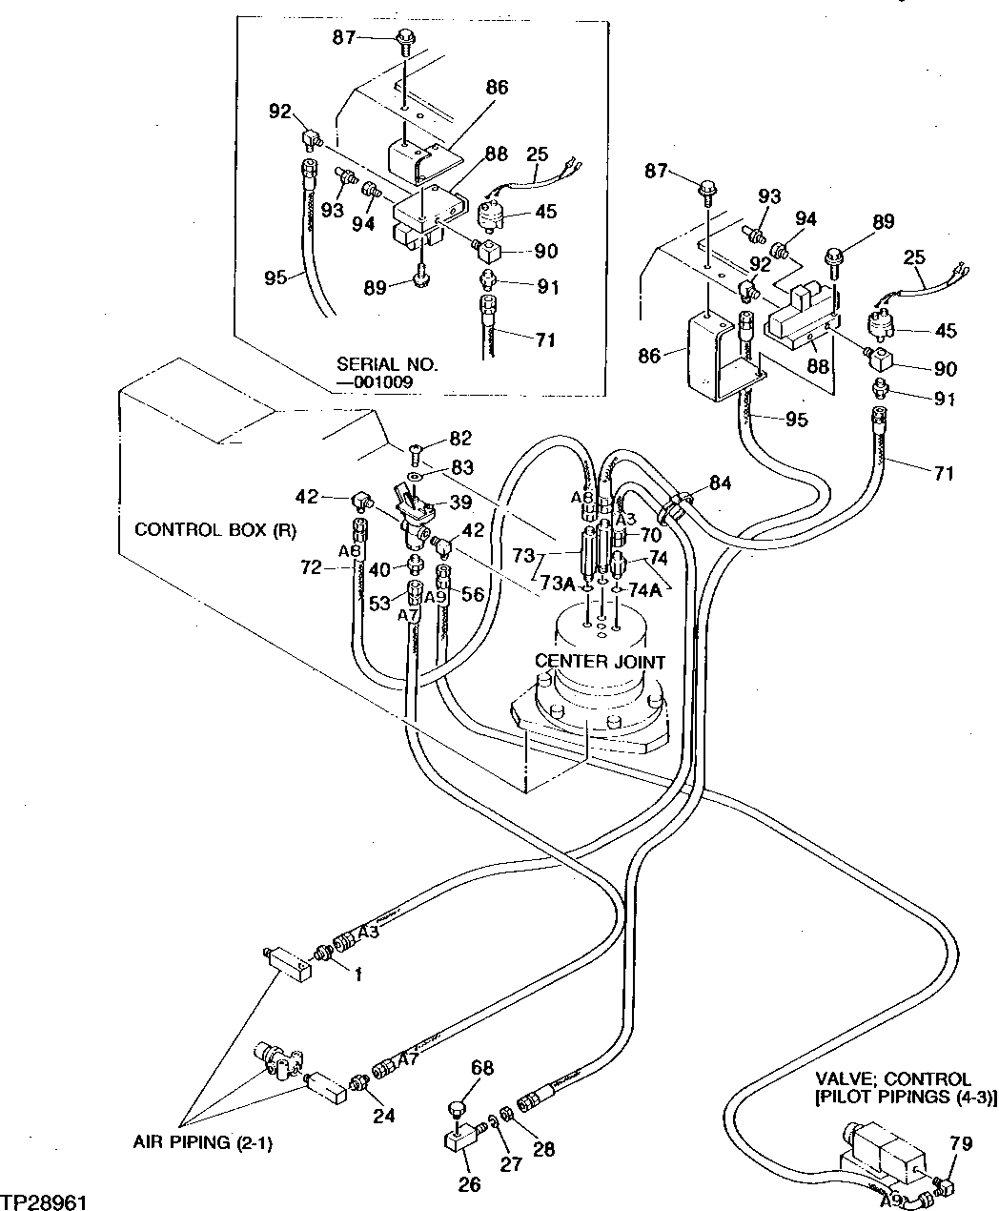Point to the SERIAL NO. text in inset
coord(386,364)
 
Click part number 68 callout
coord(482,1069)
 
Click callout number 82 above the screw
coord(460,438)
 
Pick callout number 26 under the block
coord(469,1184)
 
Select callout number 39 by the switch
coord(461,502)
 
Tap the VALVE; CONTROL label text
coord(892,1079)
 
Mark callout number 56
coord(473,594)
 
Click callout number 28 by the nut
coord(543,1149)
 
